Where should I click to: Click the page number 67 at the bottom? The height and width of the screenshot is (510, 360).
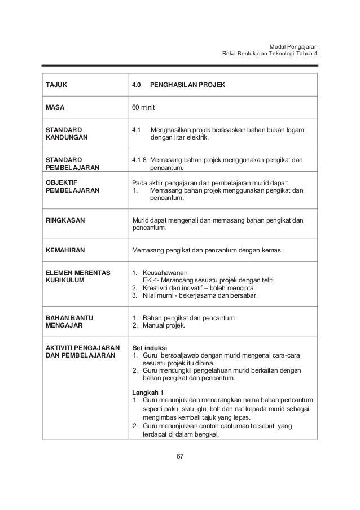pyautogui.click(x=180, y=456)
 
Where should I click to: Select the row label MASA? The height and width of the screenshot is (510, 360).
pyautogui.click(x=55, y=107)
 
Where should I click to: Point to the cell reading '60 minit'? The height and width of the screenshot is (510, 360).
pyautogui.click(x=144, y=107)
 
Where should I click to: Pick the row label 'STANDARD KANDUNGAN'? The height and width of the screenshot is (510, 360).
pyautogui.click(x=64, y=133)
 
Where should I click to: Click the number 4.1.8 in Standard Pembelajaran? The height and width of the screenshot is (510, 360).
pyautogui.click(x=141, y=160)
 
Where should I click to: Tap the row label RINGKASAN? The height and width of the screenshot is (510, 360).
pyautogui.click(x=65, y=220)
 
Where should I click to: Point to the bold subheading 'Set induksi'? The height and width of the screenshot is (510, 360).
pyautogui.click(x=150, y=347)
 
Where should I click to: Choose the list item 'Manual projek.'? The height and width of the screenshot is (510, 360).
pyautogui.click(x=165, y=325)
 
